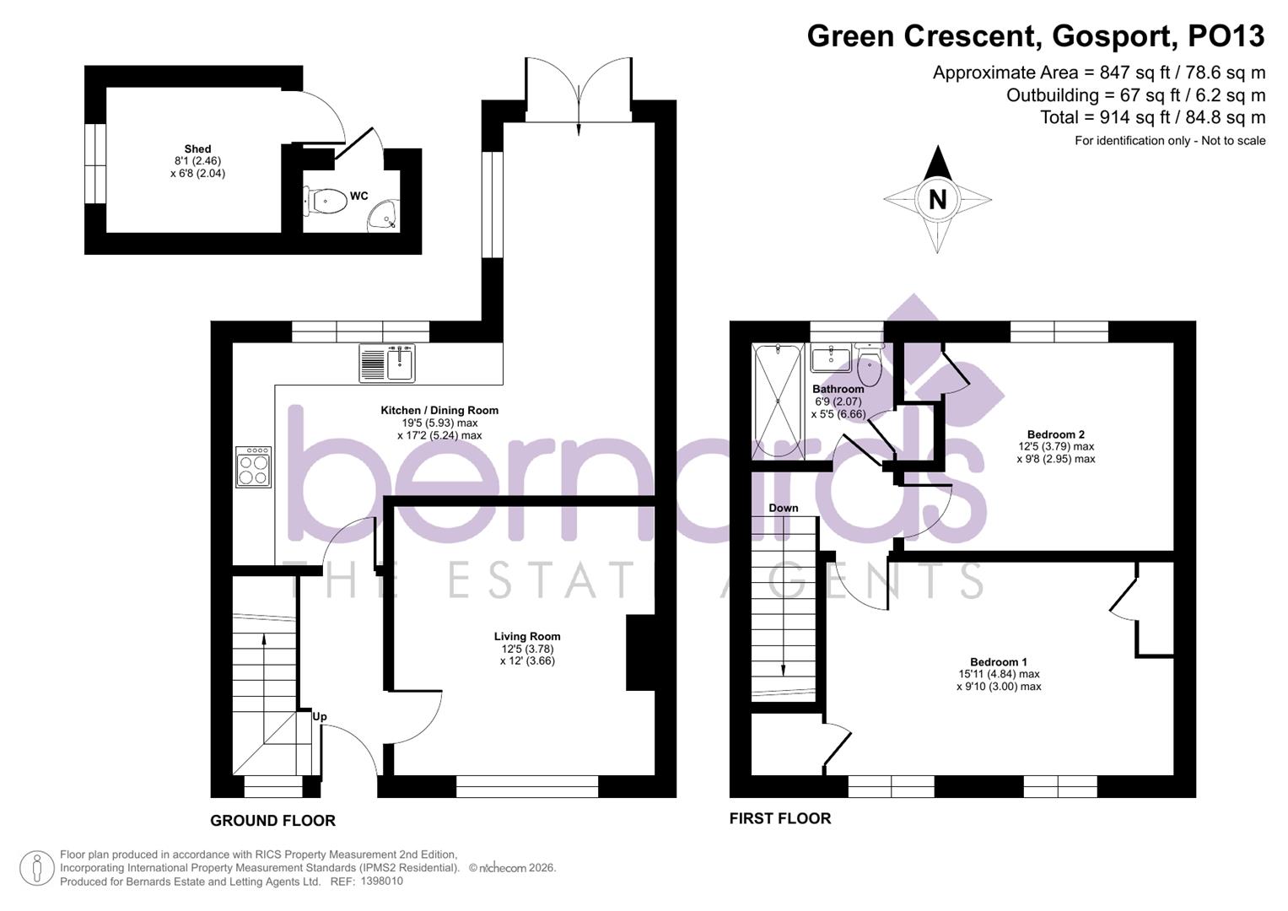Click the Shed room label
click(198, 149)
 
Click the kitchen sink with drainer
click(387, 363)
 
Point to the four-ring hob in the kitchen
click(254, 466)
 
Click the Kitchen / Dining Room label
click(439, 411)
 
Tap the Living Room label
click(527, 637)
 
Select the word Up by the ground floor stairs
click(320, 717)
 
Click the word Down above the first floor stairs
click(784, 508)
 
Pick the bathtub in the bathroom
click(778, 401)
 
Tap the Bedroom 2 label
click(1056, 434)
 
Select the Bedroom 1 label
click(999, 662)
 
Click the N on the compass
click(937, 200)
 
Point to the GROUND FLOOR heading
click(272, 821)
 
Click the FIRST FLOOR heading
click(780, 818)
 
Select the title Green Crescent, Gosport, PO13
click(1036, 36)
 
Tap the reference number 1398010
click(381, 881)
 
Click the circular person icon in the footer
click(37, 868)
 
